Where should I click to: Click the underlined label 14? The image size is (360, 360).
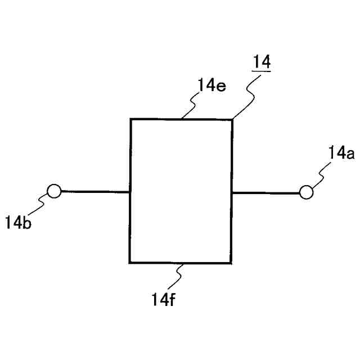[x=262, y=62]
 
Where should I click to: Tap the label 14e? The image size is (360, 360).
[x=211, y=87]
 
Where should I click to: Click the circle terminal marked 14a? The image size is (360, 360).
[x=306, y=192]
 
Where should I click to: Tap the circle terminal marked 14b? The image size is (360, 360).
[x=53, y=191]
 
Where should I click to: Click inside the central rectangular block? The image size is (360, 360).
[x=181, y=191]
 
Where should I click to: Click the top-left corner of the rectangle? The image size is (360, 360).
[x=131, y=119]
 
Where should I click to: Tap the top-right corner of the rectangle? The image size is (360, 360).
[x=232, y=119]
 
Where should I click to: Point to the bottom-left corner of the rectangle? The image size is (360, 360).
[x=130, y=263]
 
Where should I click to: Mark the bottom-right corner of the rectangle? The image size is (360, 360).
[x=231, y=263]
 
